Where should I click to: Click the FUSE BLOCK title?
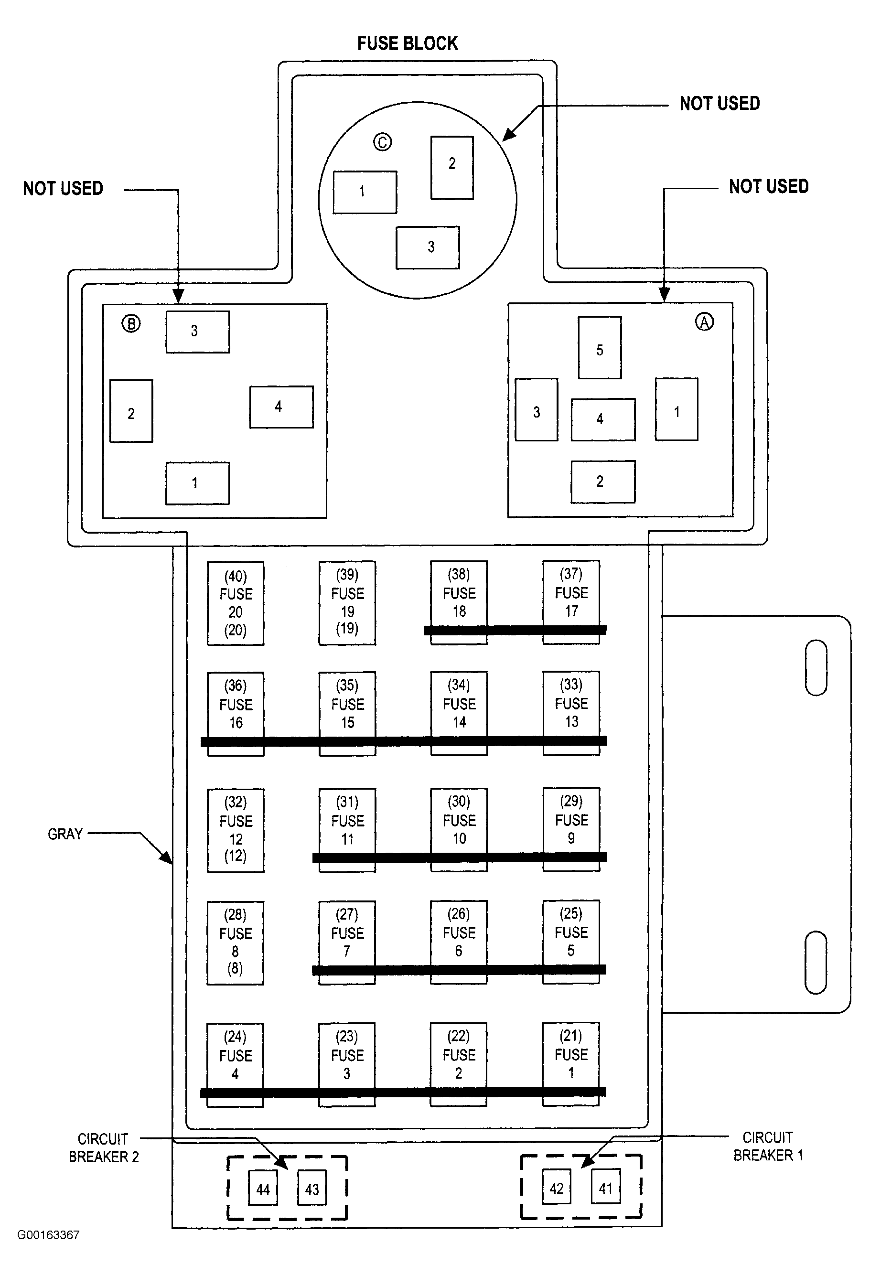point(407,43)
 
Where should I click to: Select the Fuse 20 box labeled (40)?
point(236,603)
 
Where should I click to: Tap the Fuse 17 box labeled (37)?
point(571,602)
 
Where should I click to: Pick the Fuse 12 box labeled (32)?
point(236,830)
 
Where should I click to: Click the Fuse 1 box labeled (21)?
point(571,1064)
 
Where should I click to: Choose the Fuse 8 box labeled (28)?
point(236,943)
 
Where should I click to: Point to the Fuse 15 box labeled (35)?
point(347,714)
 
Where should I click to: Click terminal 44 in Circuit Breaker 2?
point(263,1188)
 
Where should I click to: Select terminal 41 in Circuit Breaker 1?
point(606,1187)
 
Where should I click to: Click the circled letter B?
point(130,324)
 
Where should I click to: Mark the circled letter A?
point(704,321)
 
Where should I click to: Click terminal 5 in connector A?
point(600,347)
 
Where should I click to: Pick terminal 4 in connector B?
point(281,407)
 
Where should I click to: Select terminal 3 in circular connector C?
point(428,247)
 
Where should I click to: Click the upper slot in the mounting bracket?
point(816,668)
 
